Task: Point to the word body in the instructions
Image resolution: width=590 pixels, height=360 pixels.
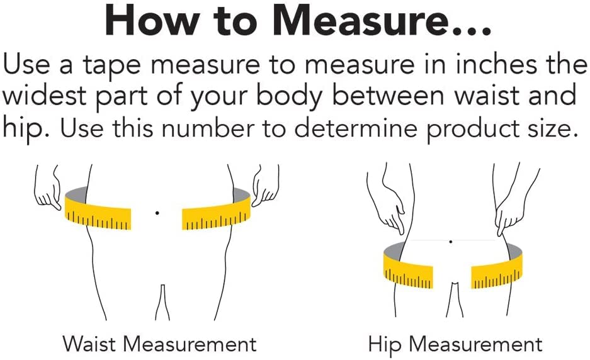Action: point(289,98)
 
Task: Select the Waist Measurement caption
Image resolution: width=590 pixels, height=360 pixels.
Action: point(159,344)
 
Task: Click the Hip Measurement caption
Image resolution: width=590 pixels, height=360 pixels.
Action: point(455,345)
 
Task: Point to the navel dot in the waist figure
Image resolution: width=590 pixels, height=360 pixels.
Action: point(157,213)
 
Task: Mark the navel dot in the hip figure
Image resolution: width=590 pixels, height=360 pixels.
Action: point(450,242)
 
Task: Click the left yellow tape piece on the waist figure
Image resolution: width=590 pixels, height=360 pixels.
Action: point(98,213)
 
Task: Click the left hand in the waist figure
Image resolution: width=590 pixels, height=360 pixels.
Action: point(48,188)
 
